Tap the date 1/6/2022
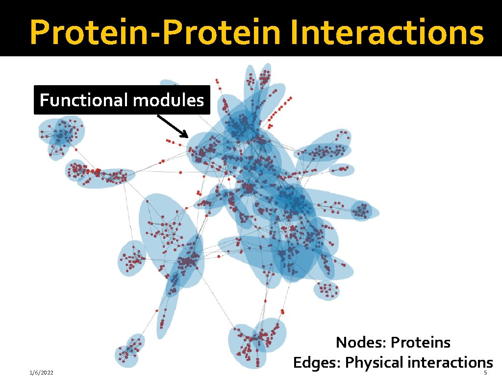click(41, 373)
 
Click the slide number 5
click(485, 373)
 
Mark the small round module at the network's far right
click(362, 211)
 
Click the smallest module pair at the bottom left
click(129, 350)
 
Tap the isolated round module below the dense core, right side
click(326, 291)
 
